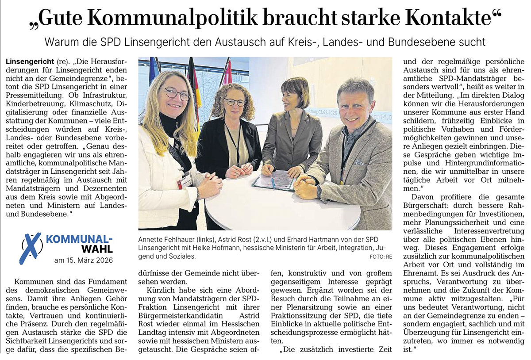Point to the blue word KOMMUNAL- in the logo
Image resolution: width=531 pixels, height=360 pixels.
pyautogui.click(x=80, y=240)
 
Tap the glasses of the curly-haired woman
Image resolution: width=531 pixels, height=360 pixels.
pyautogui.click(x=234, y=101)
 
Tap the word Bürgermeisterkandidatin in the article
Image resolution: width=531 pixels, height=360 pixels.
pyautogui.click(x=170, y=316)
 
